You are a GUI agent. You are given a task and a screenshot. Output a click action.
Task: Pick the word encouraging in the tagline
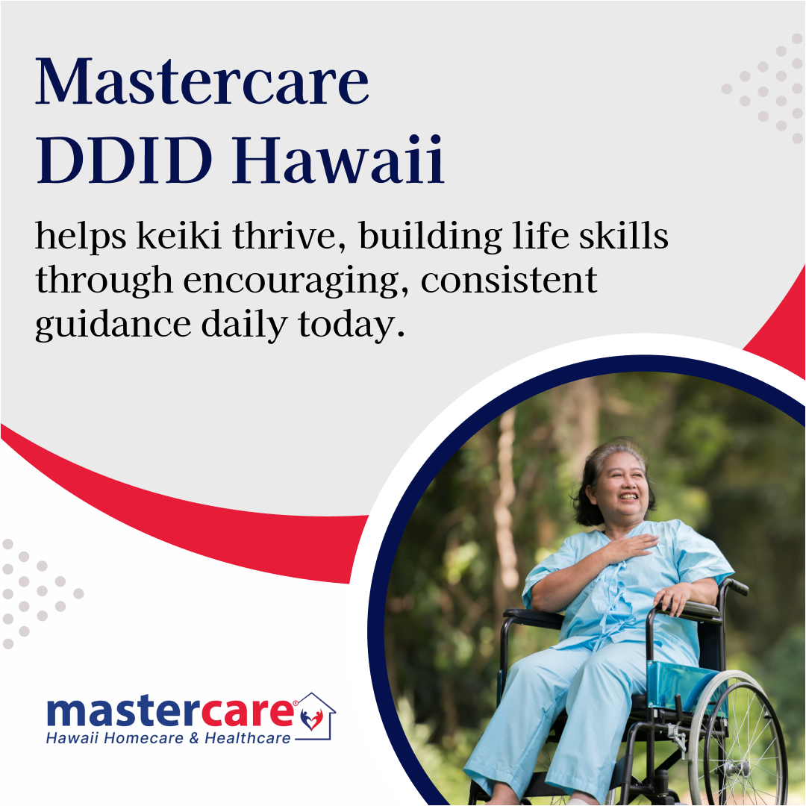(295, 281)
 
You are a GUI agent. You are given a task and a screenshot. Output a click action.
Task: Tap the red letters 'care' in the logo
(254, 713)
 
